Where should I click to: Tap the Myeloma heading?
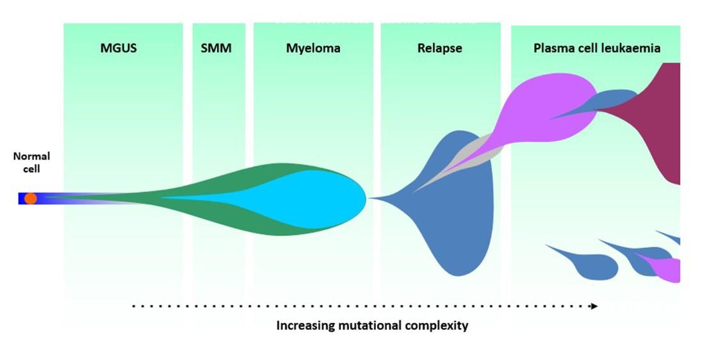click(x=313, y=48)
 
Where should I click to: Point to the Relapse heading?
click(x=439, y=48)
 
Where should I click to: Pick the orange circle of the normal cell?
click(x=30, y=199)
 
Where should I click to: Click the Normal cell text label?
click(x=31, y=162)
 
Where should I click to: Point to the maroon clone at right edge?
click(x=660, y=122)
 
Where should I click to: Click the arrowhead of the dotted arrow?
click(x=594, y=306)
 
